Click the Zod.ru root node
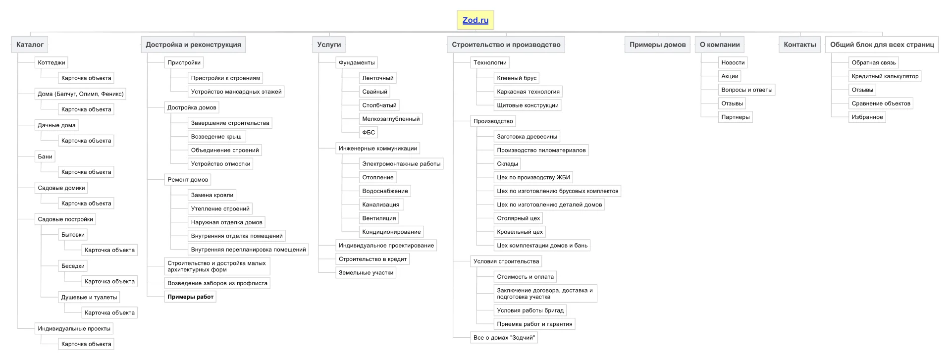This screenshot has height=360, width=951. [475, 20]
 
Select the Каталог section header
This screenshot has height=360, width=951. [30, 45]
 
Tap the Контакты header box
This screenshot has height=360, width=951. [799, 45]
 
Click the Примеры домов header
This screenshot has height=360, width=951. [657, 45]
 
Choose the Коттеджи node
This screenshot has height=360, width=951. [52, 62]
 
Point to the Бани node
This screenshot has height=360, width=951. [45, 156]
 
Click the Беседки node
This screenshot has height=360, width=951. [73, 266]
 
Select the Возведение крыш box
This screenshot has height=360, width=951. [216, 137]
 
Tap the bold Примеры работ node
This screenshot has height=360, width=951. [190, 297]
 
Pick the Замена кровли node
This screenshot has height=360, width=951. [212, 195]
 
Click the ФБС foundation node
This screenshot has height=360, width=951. [369, 132]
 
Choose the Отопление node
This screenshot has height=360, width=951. [378, 177]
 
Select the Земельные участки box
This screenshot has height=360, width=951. [366, 273]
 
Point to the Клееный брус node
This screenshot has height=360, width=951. [517, 78]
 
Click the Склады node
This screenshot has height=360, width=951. [507, 164]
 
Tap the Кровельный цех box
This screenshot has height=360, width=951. [520, 232]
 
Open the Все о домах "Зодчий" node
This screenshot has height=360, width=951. [504, 338]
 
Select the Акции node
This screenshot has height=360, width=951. [730, 76]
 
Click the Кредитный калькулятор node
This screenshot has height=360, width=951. [885, 76]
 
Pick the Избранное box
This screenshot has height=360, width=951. [867, 117]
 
